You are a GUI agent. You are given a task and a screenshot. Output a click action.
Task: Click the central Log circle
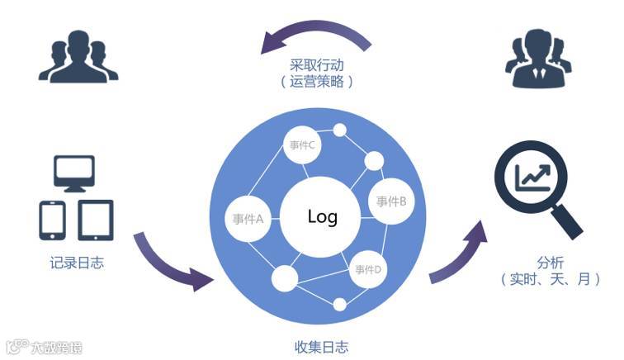pos(322,217)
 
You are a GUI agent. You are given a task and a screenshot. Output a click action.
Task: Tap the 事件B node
pos(390,201)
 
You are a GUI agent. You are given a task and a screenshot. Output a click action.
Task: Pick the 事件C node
pos(303,146)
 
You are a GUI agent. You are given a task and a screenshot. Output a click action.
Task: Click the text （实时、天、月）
pos(550,280)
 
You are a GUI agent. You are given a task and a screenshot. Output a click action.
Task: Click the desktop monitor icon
pos(74,172)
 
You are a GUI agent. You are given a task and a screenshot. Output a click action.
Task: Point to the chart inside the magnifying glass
pos(532,177)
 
